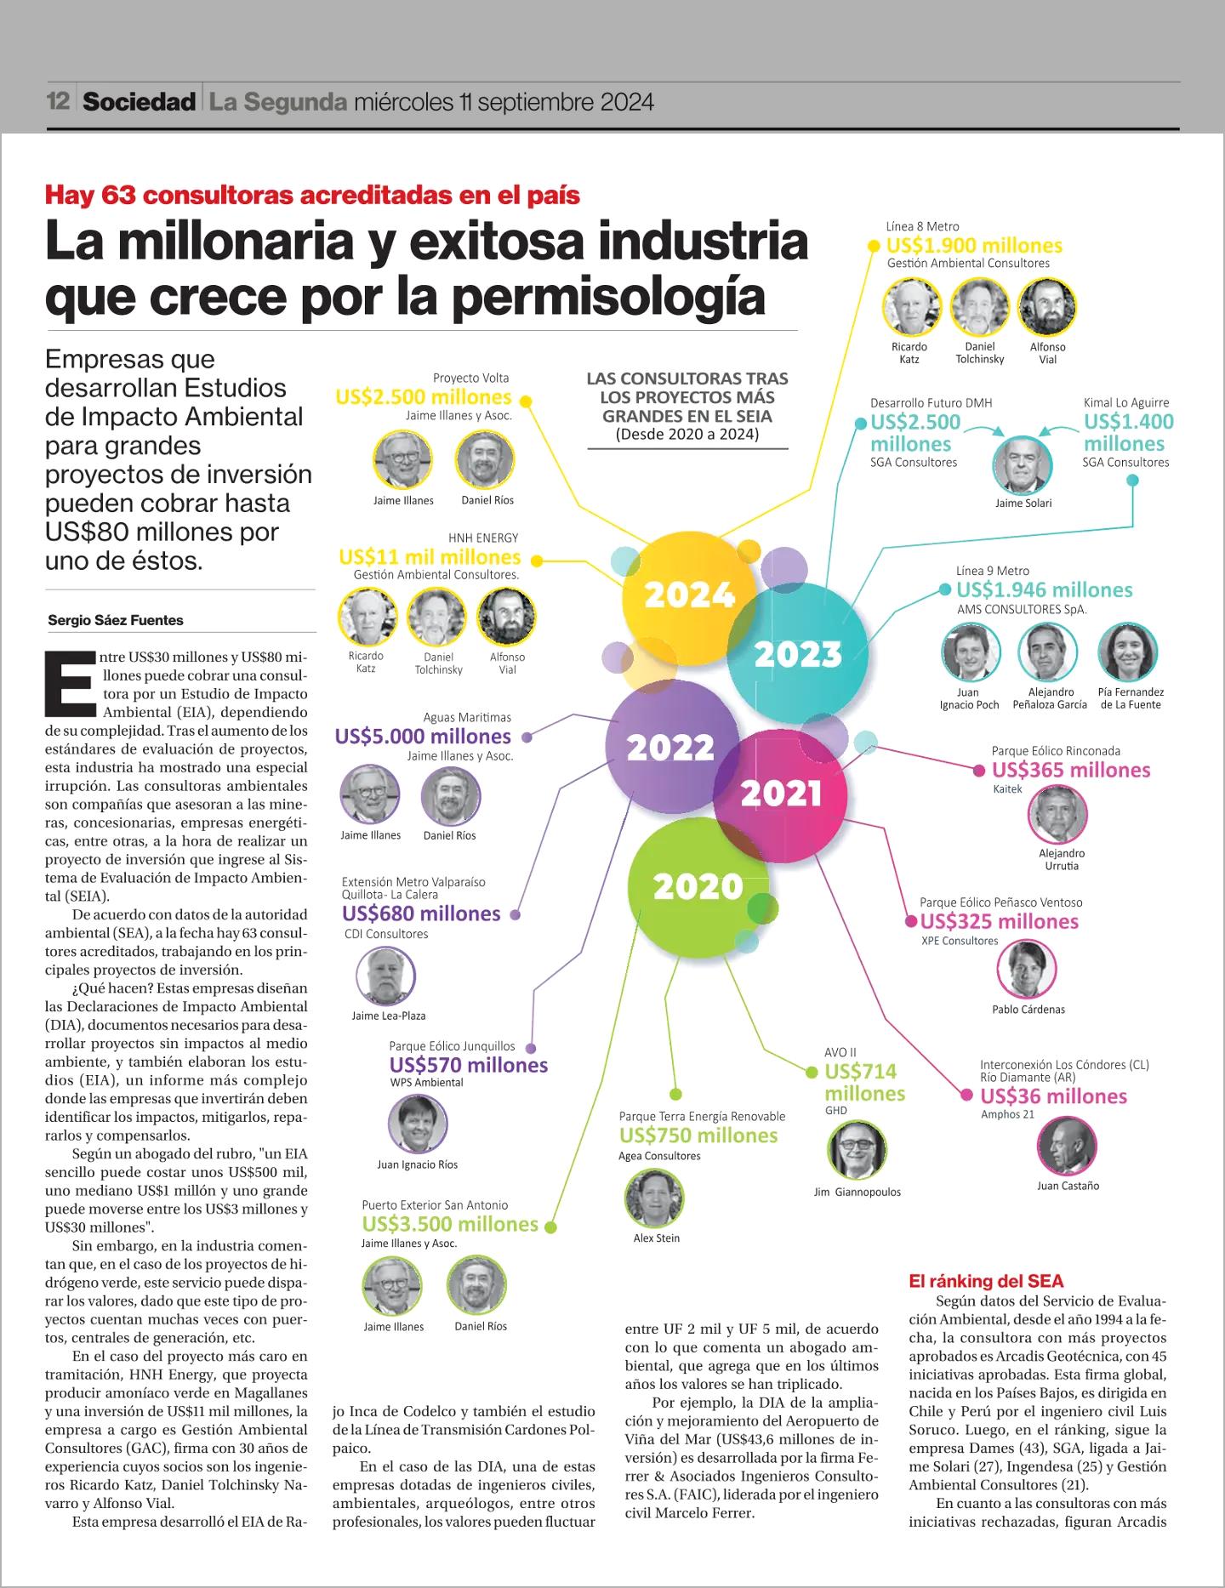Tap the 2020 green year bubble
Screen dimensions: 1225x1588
(698, 887)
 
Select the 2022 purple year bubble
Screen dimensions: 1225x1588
(671, 747)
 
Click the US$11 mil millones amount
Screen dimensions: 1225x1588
(430, 557)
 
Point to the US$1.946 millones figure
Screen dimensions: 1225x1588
(1044, 589)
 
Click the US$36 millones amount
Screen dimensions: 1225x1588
(1053, 1096)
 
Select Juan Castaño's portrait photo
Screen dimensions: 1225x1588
(1068, 1145)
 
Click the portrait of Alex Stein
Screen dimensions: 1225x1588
(654, 1198)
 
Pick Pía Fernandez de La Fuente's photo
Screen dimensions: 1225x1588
(1128, 652)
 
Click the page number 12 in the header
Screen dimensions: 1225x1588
(58, 102)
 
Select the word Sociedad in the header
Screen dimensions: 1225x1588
(140, 102)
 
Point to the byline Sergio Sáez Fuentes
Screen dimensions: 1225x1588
(116, 620)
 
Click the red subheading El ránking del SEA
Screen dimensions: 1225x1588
(986, 1281)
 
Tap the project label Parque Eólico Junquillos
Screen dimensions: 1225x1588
(452, 1046)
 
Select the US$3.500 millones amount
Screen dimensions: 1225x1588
(450, 1224)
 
